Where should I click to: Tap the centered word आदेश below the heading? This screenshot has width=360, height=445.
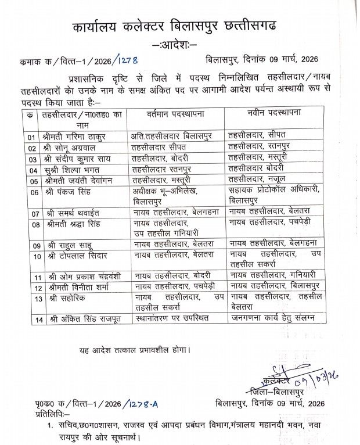(x=174, y=45)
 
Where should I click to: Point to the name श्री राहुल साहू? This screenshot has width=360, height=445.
(x=64, y=245)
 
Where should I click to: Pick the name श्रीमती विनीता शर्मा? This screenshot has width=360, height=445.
(x=71, y=288)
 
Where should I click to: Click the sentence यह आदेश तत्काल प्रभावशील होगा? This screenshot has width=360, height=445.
(x=134, y=350)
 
